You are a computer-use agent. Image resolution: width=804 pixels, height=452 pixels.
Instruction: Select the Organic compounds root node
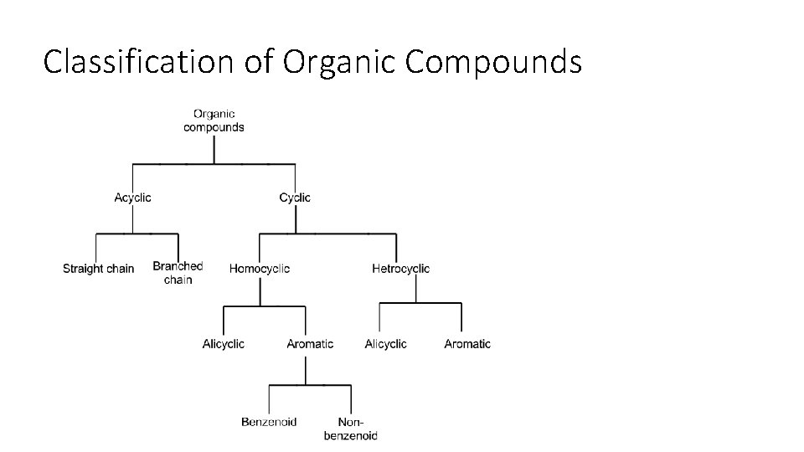pos(214,121)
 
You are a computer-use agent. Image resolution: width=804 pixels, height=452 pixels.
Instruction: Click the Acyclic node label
pos(133,198)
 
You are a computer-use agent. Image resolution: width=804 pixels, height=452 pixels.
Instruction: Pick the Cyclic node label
pos(295,198)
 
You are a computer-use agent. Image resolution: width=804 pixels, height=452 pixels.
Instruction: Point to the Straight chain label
pos(98,269)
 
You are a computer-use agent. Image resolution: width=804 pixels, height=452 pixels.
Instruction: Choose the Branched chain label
pos(178,273)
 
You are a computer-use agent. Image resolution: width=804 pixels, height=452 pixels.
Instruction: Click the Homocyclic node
pos(260,269)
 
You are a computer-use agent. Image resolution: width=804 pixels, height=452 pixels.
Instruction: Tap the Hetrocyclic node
pos(400,269)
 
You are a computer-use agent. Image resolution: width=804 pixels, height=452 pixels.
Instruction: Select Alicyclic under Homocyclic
pos(224,344)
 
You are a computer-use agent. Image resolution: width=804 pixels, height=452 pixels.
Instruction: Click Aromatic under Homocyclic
pos(310,344)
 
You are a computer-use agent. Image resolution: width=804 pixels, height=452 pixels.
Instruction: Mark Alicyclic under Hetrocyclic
pos(386,344)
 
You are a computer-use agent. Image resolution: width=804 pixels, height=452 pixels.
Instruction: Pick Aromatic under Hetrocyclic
pos(467,344)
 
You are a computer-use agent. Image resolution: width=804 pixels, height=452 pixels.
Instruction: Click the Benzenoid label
pos(269,422)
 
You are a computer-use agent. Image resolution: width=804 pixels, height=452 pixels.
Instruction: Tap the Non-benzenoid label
pos(350,429)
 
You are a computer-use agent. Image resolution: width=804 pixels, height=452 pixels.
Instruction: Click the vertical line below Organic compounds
pos(214,148)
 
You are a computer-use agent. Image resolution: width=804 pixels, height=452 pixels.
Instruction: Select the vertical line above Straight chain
pos(96,248)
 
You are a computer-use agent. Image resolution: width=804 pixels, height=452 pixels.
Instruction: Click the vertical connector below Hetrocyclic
pos(416,289)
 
